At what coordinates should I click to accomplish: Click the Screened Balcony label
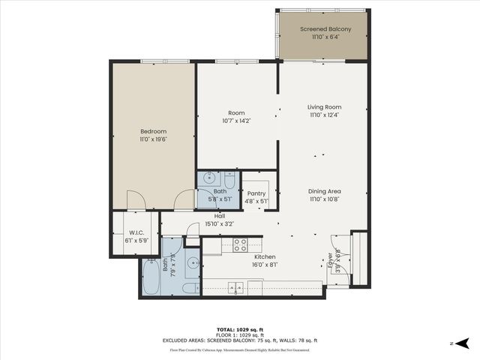[323, 29]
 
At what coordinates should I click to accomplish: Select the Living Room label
[324, 107]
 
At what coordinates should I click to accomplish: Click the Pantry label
[257, 193]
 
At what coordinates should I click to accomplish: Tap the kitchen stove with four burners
[240, 244]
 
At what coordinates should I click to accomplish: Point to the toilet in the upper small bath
[229, 180]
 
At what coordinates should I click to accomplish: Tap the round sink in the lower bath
[192, 262]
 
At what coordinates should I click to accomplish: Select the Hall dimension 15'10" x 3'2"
[220, 223]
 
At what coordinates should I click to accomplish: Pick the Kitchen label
[244, 256]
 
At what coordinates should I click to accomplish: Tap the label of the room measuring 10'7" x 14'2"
[236, 113]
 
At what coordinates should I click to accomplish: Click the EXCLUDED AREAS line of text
[239, 340]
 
